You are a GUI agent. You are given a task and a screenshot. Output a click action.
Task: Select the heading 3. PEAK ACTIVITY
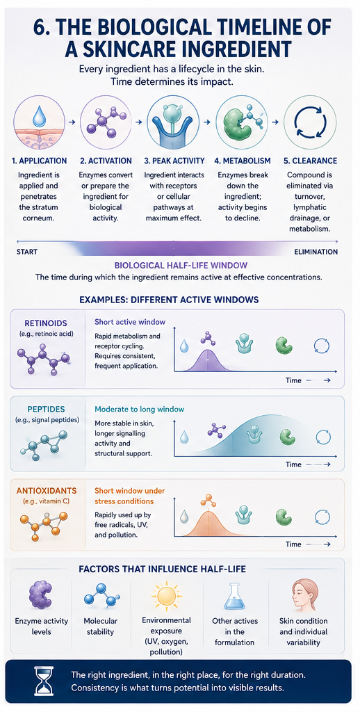click(x=174, y=161)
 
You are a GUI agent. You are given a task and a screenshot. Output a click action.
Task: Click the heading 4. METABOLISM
click(x=243, y=161)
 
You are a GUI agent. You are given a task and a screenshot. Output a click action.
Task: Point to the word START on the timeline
click(x=27, y=252)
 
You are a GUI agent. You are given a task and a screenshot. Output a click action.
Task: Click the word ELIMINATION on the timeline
click(x=316, y=252)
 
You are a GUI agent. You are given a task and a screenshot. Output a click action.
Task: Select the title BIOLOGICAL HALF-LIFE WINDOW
click(x=180, y=265)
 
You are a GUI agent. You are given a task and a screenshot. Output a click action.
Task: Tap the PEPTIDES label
click(x=42, y=409)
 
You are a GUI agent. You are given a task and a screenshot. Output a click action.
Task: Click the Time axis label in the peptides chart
click(x=293, y=464)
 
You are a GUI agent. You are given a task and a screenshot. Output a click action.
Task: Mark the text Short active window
click(x=130, y=322)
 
